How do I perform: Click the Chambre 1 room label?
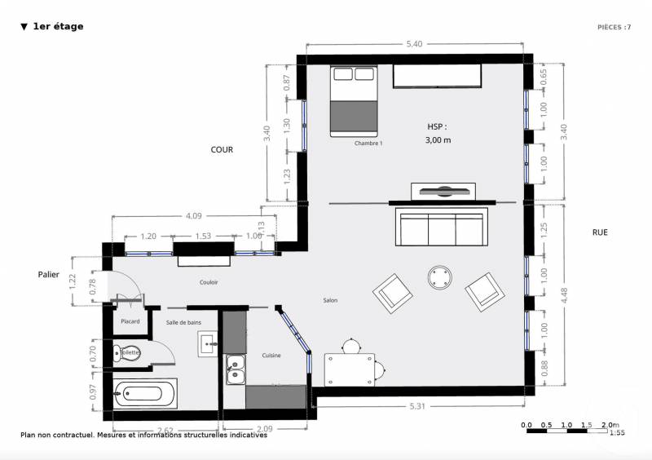(368, 143)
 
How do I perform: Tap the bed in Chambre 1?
(354, 102)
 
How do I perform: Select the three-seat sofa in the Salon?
(439, 228)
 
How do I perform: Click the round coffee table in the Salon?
(441, 277)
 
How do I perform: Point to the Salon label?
(329, 300)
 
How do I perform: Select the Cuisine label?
(271, 356)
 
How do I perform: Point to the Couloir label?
(209, 282)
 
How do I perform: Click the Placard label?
(130, 321)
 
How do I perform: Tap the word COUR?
(222, 150)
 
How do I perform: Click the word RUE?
(600, 232)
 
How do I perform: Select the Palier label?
(49, 275)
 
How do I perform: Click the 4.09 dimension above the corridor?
(193, 216)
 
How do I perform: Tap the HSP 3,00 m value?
(438, 139)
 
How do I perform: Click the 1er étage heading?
(57, 26)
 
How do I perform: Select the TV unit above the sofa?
(443, 192)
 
